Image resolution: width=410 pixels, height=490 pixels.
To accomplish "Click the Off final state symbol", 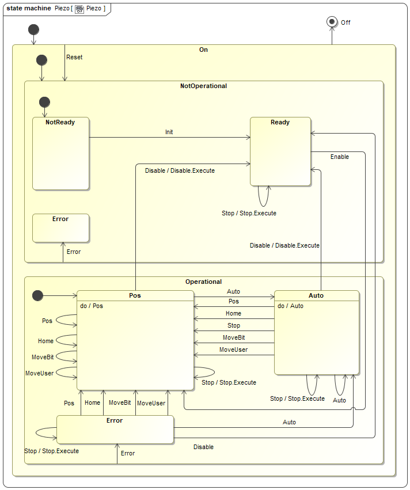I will point(332,21).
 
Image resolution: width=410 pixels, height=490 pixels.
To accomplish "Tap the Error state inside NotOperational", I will point(60,228).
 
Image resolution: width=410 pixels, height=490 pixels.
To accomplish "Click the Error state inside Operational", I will point(115,430).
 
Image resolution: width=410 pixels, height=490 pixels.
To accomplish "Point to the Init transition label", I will point(169,132).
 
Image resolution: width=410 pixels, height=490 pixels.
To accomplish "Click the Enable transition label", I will point(339,157).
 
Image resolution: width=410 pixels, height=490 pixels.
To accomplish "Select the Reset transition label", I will point(74,58).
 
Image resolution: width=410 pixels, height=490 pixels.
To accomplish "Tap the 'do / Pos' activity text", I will point(92,306).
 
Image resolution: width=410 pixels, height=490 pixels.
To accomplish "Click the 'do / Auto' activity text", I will point(290,306).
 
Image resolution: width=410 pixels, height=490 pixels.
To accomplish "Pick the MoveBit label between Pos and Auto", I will point(234,337).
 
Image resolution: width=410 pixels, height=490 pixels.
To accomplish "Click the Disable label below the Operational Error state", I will point(203,447).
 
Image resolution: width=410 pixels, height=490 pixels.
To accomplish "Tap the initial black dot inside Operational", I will point(38,295).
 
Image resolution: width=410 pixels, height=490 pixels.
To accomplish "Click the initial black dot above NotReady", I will point(44,102).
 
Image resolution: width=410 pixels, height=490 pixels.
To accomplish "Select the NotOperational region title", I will point(203,86).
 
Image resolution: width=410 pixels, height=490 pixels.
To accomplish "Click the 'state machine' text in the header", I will point(29,9).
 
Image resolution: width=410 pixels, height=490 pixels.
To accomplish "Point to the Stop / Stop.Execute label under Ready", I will point(249,213).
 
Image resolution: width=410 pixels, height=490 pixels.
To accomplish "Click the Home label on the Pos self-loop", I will point(45,341).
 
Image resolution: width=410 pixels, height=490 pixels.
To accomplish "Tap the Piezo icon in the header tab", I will point(79,9).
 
